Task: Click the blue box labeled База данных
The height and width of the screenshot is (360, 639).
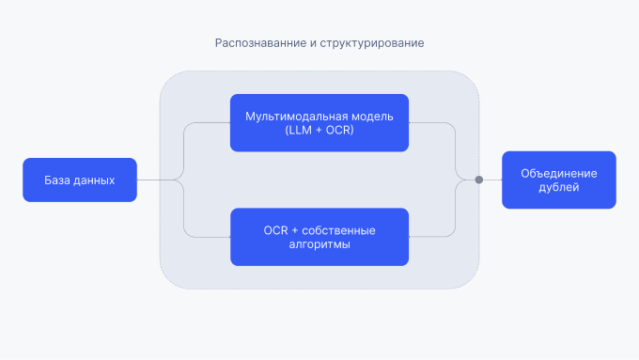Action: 80,180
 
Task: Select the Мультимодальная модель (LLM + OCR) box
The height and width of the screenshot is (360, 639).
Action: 319,122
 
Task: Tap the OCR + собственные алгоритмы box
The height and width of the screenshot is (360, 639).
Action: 319,236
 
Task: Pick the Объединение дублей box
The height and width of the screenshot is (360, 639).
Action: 558,180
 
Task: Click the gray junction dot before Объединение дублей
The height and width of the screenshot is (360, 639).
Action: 478,180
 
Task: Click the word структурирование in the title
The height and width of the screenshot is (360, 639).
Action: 373,44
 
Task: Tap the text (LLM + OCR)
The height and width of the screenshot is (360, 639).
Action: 319,130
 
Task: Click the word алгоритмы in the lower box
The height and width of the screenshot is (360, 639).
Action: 319,243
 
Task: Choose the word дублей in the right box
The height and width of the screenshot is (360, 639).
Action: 558,187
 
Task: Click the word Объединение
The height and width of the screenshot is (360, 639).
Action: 558,173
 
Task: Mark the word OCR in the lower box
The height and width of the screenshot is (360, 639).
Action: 276,229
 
